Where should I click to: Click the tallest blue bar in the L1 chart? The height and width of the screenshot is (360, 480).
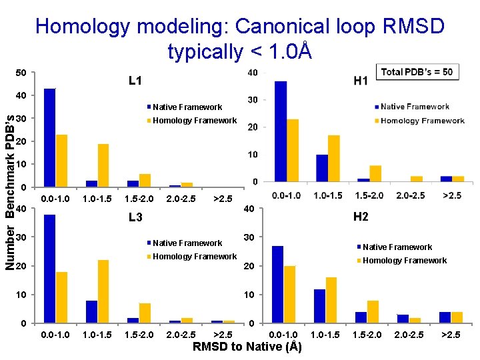49,137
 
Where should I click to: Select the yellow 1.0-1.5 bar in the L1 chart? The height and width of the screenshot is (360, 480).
103,165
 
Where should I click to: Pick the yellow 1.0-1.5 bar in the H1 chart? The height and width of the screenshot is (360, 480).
334,158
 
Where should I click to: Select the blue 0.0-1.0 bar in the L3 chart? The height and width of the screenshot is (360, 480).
49,269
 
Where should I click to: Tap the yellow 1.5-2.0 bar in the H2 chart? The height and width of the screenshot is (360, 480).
373,311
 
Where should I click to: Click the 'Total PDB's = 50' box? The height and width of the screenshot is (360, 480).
418,72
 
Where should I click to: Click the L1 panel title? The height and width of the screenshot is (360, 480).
135,81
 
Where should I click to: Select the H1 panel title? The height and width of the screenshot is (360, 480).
361,81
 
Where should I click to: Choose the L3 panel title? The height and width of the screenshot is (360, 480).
135,217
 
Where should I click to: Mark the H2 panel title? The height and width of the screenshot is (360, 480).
361,217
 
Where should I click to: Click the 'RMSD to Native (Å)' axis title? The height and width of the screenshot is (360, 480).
247,347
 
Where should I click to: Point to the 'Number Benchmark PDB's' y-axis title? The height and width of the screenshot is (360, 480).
10,193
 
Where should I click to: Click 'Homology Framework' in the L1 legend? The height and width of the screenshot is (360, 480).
194,121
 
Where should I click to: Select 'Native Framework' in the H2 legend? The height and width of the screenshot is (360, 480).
397,247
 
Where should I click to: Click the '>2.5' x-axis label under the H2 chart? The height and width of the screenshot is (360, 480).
451,335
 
